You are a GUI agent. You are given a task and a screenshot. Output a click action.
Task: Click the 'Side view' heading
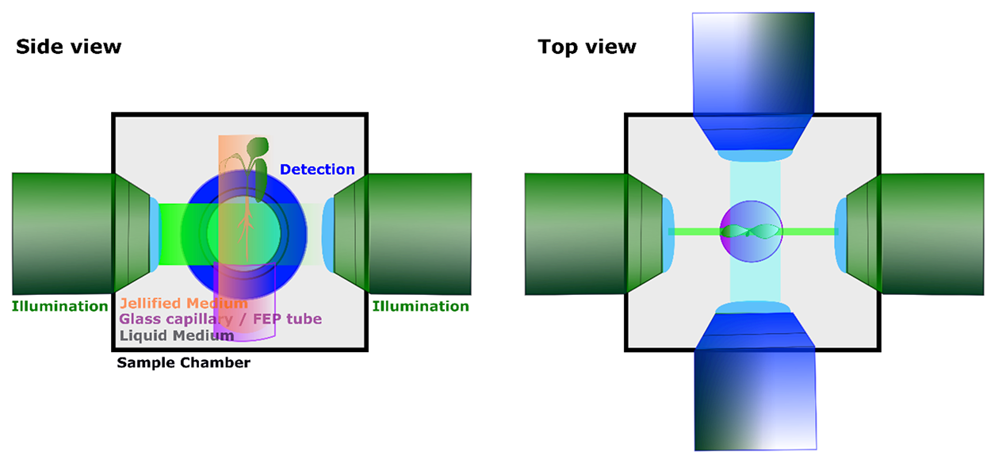[x=68, y=47]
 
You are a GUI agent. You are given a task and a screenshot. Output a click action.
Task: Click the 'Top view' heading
[x=587, y=47]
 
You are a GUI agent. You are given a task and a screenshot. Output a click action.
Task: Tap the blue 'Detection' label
[x=317, y=169]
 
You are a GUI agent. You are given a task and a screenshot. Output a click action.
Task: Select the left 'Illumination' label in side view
[x=59, y=306]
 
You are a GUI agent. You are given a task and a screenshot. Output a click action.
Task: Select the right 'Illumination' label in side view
[x=420, y=306]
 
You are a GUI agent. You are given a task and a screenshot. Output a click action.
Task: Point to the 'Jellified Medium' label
[x=183, y=303]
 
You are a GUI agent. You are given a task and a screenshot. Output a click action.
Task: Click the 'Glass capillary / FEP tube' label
[x=220, y=319]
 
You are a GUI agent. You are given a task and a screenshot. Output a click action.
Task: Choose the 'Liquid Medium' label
[x=177, y=335]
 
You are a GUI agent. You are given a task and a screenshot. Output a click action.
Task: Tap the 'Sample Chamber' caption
[x=183, y=363]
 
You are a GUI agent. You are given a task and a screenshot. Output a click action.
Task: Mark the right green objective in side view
[x=416, y=234]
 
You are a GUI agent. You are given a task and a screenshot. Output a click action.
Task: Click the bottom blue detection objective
[x=756, y=389]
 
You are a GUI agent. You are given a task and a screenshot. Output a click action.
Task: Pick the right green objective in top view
[x=932, y=234]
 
